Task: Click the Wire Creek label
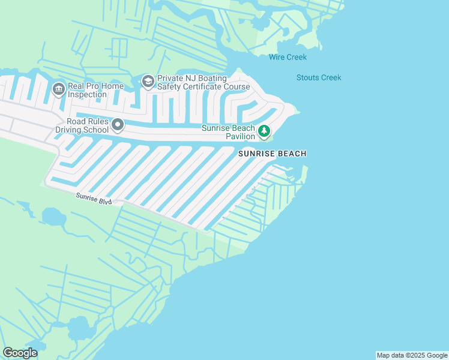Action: pos(288,58)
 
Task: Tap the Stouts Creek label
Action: pos(319,77)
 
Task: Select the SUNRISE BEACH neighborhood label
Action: pos(273,154)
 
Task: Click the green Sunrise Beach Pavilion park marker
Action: pos(264,130)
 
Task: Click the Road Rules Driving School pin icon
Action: pos(118,125)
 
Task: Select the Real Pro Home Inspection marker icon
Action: pos(59,89)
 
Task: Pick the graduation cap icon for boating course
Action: pos(148,81)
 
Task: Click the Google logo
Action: pos(20,353)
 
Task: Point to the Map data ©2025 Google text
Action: pos(412,355)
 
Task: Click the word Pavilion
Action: pos(240,136)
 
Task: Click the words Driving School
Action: pos(82,130)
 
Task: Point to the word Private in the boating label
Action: pos(170,79)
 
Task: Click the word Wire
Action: pos(277,58)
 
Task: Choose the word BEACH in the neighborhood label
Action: pos(291,154)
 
